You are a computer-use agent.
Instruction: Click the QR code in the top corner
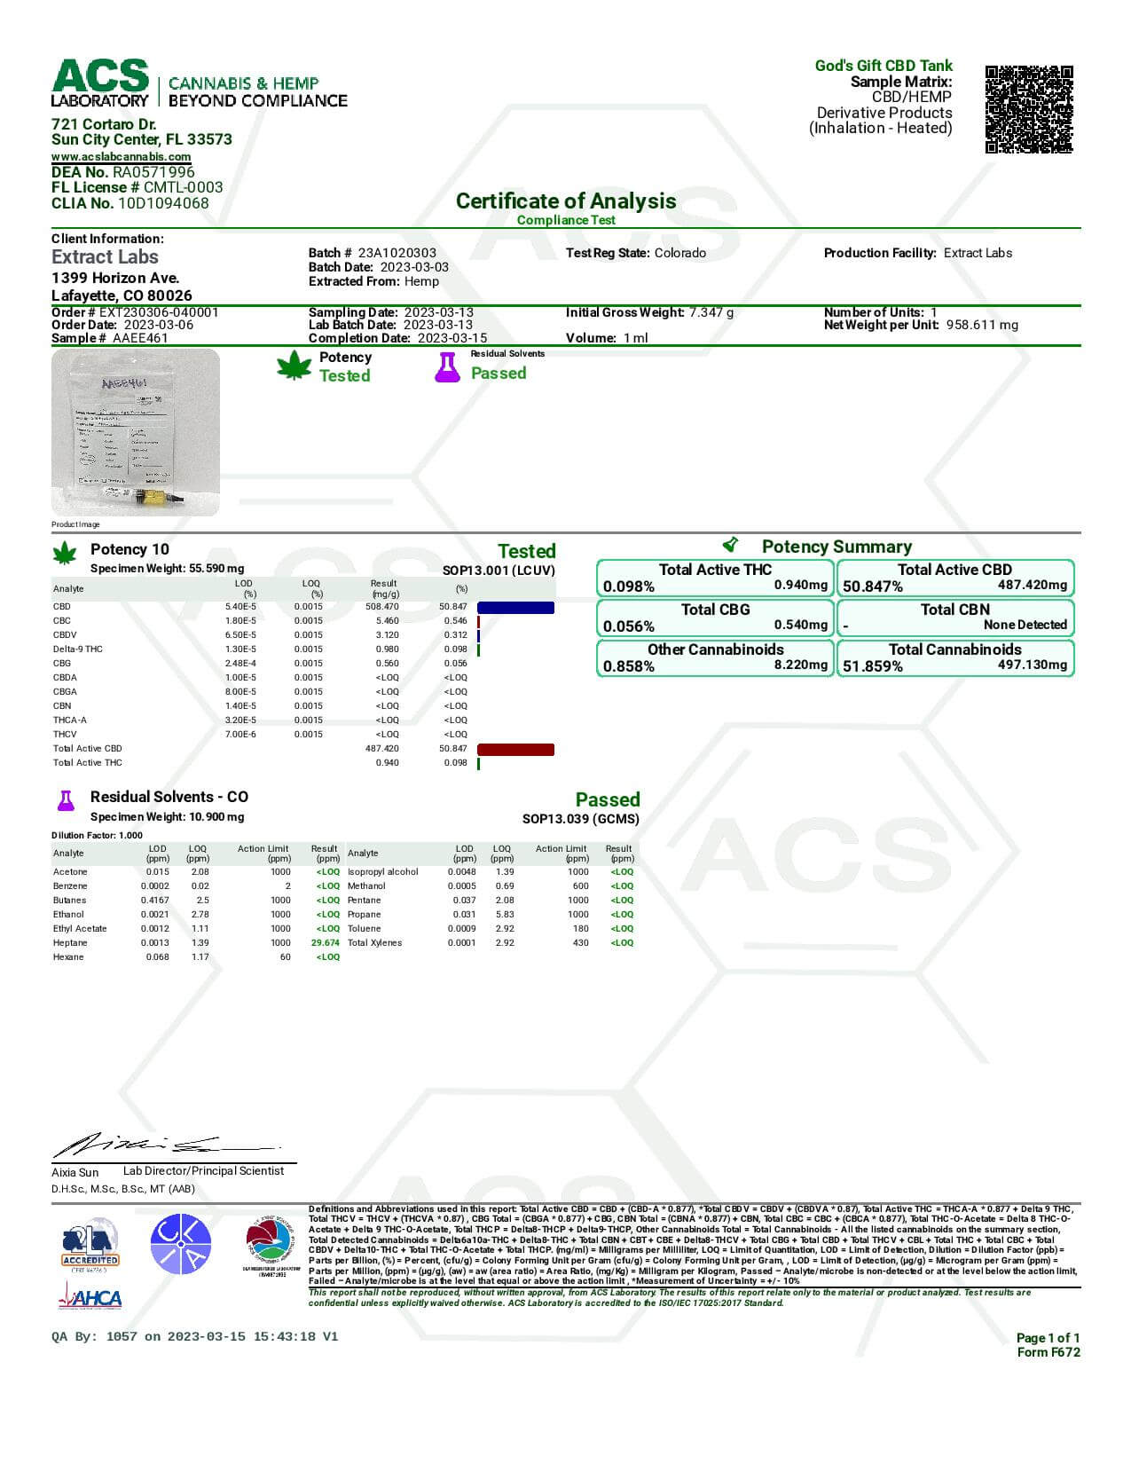point(1028,108)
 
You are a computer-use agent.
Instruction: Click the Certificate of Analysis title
point(565,201)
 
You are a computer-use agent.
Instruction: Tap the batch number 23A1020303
point(397,253)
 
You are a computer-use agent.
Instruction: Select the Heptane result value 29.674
point(325,943)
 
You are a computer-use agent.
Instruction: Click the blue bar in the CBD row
point(515,608)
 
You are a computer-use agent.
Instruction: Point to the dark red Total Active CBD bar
point(515,750)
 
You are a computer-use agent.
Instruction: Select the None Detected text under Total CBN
point(1025,625)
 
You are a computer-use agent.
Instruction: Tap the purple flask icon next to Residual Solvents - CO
point(66,799)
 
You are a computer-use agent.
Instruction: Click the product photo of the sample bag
point(135,432)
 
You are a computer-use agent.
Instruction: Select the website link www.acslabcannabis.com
point(121,157)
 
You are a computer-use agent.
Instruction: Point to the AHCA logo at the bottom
point(90,1299)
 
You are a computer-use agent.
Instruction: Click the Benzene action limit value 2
point(287,886)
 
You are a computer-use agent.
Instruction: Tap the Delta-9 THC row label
point(77,649)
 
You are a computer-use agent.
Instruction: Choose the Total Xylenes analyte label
point(374,943)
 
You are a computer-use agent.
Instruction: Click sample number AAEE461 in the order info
point(140,338)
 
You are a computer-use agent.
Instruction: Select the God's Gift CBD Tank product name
point(883,66)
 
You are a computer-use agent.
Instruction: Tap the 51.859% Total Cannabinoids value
point(873,666)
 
